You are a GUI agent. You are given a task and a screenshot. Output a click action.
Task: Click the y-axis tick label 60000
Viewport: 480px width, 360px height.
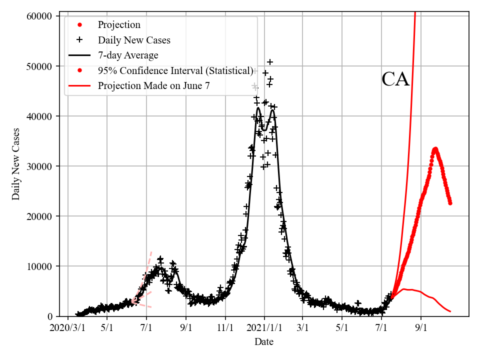tap(39, 16)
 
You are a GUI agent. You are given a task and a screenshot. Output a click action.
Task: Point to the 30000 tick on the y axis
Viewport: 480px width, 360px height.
tap(39, 166)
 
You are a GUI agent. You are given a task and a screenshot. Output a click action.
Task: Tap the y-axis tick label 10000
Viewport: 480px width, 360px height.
tap(39, 266)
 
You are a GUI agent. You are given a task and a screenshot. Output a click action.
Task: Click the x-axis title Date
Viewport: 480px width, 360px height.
tap(263, 342)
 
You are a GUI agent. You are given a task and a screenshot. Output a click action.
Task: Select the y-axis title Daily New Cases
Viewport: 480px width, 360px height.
tap(16, 164)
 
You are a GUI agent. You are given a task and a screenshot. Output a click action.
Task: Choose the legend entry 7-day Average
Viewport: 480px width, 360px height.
tap(128, 55)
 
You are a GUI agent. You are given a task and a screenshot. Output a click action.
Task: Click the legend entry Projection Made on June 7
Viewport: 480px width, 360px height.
tap(153, 85)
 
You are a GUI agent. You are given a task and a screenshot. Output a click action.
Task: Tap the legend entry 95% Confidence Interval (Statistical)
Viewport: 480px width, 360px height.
tap(175, 70)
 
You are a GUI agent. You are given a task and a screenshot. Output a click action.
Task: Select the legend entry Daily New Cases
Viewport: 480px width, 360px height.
tap(134, 40)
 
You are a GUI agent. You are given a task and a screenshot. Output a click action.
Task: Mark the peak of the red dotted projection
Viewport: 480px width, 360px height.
tap(435, 149)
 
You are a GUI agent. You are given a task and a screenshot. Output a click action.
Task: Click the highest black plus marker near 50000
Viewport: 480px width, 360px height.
tap(270, 62)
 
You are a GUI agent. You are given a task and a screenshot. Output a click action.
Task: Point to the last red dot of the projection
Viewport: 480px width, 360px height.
tap(450, 203)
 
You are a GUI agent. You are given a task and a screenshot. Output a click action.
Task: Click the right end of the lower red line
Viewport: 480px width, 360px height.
tap(450, 311)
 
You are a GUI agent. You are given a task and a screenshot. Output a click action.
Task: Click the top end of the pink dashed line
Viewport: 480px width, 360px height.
tap(151, 251)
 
